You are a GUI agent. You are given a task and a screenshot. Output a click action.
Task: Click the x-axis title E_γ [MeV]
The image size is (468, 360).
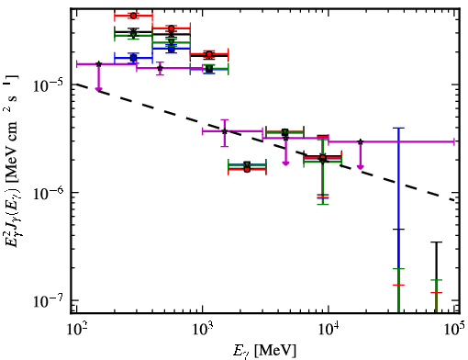coord(265,351)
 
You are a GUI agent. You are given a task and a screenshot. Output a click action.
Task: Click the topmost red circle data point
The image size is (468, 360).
coord(133,16)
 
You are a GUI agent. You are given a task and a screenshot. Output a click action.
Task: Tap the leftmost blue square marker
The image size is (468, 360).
coord(133,58)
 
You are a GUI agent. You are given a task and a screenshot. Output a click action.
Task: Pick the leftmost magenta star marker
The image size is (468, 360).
coord(98,64)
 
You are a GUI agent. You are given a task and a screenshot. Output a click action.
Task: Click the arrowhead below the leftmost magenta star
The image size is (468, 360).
coord(98,89)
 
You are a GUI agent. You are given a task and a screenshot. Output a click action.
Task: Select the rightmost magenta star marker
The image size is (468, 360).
coord(361,141)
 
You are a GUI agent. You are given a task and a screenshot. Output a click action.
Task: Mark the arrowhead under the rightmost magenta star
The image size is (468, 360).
coord(361,167)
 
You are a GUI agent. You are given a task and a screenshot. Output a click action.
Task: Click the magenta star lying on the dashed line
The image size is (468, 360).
coord(225,131)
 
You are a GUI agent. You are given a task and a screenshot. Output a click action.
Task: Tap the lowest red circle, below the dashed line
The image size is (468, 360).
coord(247,169)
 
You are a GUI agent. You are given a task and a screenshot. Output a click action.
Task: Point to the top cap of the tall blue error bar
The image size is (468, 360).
coord(398,128)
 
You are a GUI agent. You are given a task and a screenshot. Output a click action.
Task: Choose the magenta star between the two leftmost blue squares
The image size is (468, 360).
coord(160,68)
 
